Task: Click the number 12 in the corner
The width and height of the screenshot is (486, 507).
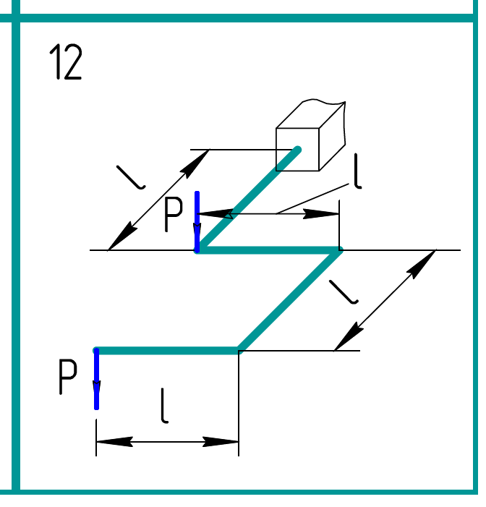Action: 66,62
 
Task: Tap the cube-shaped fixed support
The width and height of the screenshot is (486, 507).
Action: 307,137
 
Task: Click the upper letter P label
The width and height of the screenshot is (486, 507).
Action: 174,214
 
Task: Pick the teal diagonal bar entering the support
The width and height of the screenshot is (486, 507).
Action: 246,201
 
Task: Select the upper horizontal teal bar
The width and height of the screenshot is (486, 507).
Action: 268,250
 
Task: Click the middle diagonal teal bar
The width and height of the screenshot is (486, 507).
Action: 289,300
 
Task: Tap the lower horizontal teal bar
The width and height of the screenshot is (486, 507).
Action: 166,351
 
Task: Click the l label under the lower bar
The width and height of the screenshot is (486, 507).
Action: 166,406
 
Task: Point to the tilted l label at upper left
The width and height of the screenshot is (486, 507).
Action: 130,176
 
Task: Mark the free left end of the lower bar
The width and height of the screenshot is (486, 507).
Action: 97,351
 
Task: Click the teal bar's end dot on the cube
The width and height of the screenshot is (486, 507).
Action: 297,150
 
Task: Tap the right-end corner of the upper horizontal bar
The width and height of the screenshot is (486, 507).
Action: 338,250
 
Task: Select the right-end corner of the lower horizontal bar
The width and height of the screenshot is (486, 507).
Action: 239,351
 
